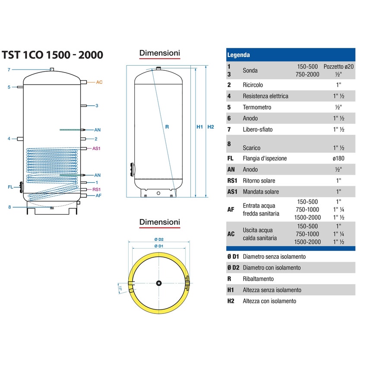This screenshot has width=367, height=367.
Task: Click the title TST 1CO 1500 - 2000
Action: pos(52,55)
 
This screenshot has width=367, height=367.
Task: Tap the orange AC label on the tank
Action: pos(99,82)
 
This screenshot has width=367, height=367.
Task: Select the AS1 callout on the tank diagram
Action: pos(96,148)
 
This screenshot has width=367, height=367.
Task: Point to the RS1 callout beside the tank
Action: pos(97,190)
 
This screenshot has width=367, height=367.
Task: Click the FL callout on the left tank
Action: pos(10,187)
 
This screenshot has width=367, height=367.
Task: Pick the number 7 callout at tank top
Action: pos(9,70)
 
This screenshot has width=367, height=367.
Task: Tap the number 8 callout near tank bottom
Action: pos(9,207)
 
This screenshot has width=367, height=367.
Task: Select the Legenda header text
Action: pos(238,55)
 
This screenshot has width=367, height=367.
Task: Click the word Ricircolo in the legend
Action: pos(253,85)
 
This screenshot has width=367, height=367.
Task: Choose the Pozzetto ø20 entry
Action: pos(338,67)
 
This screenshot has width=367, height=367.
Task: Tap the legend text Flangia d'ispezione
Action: pos(265,158)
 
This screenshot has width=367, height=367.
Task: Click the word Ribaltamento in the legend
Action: pos(258,279)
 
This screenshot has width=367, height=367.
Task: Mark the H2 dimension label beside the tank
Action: pos(211,127)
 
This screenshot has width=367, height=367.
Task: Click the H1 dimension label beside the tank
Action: pos(199,127)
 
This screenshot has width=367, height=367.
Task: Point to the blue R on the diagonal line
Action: pos(167,127)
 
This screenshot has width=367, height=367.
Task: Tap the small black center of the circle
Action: pos(160,283)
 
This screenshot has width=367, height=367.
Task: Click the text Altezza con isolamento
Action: pos(269,301)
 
